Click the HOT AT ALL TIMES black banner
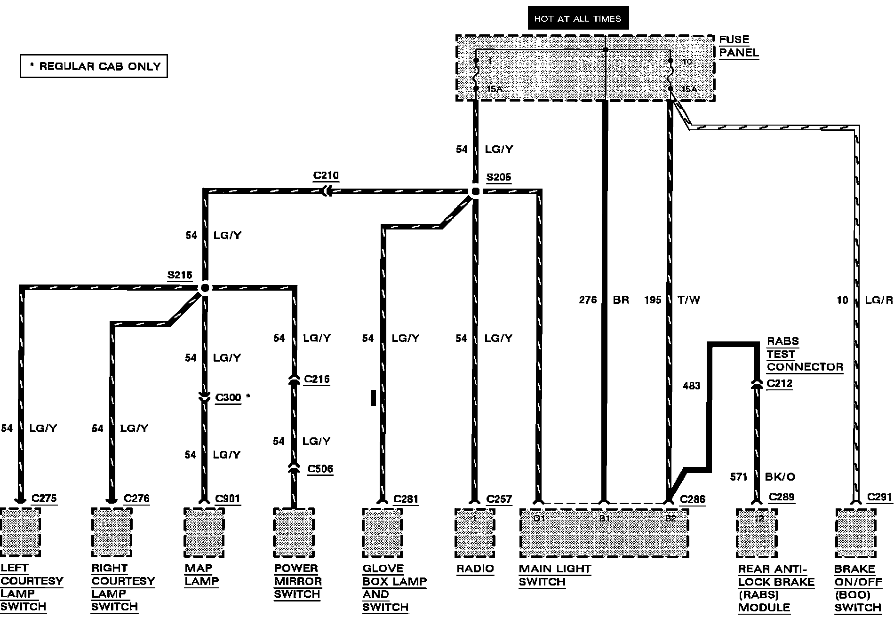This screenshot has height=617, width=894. (x=578, y=19)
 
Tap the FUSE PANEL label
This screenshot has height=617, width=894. (x=738, y=46)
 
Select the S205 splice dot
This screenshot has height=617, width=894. (x=475, y=191)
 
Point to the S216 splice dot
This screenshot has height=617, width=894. (x=205, y=287)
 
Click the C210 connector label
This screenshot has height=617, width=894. (x=326, y=176)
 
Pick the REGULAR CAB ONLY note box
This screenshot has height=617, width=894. (x=94, y=66)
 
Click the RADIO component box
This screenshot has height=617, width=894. (x=475, y=532)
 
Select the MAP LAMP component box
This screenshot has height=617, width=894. (x=204, y=532)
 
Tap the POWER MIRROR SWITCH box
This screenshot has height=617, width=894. (x=294, y=532)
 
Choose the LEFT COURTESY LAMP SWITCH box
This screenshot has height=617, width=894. (x=20, y=532)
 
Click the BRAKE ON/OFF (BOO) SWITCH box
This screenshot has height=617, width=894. (x=855, y=532)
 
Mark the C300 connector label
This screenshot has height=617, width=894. (x=228, y=398)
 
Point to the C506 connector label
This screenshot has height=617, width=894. (x=320, y=469)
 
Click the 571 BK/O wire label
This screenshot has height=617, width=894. (x=762, y=477)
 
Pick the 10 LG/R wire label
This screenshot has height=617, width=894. (x=864, y=300)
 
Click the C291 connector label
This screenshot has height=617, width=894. (x=879, y=498)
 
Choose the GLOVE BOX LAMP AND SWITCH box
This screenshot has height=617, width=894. (x=383, y=532)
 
